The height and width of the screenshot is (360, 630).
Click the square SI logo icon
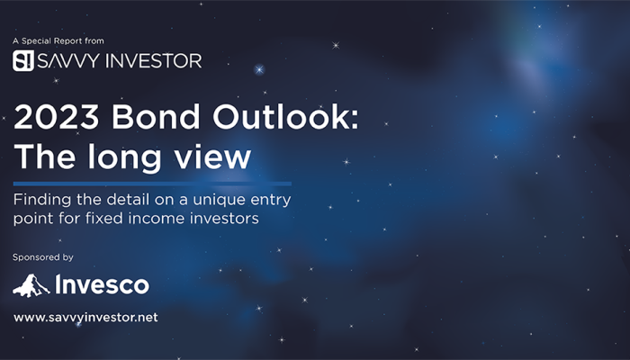(x=22, y=60)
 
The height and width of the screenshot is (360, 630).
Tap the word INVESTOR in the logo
(x=154, y=60)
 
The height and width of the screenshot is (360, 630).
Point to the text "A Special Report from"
(x=58, y=41)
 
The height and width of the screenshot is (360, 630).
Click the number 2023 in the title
(x=56, y=117)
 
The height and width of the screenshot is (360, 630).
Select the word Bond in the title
(x=156, y=117)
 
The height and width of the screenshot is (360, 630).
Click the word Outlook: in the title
(x=285, y=117)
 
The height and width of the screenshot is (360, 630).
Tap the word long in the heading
(x=124, y=157)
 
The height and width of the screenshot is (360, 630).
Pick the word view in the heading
(x=212, y=157)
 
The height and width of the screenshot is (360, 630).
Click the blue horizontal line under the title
(x=152, y=184)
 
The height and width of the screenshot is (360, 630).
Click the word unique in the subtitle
(x=219, y=200)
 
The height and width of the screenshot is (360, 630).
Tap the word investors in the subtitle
(x=228, y=218)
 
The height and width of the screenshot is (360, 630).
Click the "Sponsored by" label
(x=43, y=257)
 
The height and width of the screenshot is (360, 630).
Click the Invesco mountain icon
(x=31, y=285)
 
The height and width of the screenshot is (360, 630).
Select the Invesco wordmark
(x=102, y=284)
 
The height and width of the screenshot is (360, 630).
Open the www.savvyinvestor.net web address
(x=85, y=318)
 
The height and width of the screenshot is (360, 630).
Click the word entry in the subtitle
(x=270, y=201)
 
